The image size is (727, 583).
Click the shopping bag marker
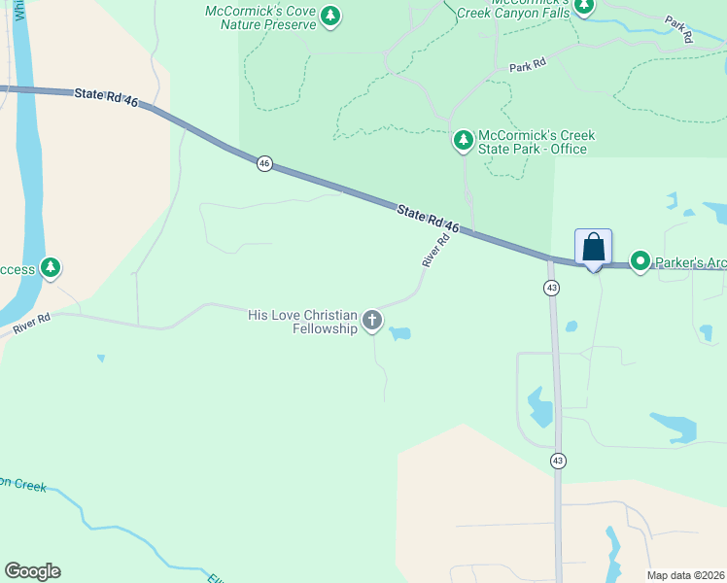[593, 248]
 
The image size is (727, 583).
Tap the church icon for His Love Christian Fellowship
[372, 320]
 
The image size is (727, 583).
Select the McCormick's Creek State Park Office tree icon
[464, 141]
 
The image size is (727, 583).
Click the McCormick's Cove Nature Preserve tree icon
[330, 16]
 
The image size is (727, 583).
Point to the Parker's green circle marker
[640, 261]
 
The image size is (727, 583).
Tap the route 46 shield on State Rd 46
[264, 164]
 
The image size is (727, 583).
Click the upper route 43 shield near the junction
[551, 289]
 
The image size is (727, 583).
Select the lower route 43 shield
[557, 460]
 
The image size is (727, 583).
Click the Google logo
[32, 571]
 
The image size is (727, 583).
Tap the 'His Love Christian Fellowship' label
[303, 321]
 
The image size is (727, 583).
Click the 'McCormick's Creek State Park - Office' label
[536, 142]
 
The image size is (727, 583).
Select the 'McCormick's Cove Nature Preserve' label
[261, 17]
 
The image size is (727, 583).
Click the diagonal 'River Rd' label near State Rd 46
[436, 251]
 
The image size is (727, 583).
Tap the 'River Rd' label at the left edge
[32, 325]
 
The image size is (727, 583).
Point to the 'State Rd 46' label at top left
[106, 94]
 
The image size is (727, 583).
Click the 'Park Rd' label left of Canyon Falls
[528, 64]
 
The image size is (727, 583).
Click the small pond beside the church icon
[399, 334]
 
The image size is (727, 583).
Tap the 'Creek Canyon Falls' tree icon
[583, 7]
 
